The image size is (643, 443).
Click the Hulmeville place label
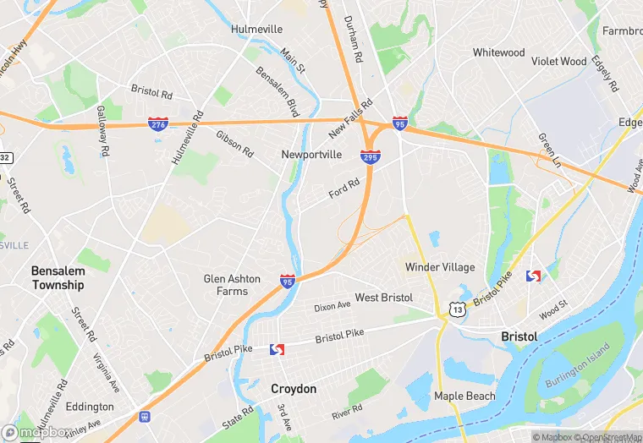pos(256,29)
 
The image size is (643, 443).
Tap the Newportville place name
pos(311,155)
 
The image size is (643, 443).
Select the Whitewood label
pos(498,52)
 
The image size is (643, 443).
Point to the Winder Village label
pos(439,267)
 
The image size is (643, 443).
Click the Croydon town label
pos(294,389)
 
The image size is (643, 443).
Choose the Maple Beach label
pos(464,396)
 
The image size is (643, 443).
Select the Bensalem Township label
pos(58,278)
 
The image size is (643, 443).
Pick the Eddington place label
pos(90,407)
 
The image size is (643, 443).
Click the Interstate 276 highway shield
pos(157,124)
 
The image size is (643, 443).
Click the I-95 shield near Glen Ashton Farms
pos(288,280)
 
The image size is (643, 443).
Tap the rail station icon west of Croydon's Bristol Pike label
pos(276,349)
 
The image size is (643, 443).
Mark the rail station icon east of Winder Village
pos(533,276)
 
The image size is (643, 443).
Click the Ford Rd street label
pos(344,188)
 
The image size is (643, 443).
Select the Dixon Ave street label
pos(332,306)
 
